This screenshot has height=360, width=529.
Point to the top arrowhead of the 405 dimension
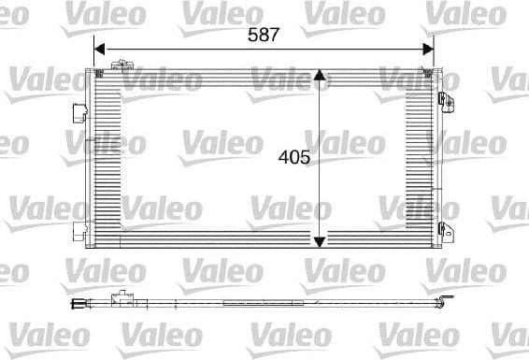pos(320,76)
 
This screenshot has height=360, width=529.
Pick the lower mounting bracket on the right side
pos(446,230)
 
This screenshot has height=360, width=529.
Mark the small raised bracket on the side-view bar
pos(119,300)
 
